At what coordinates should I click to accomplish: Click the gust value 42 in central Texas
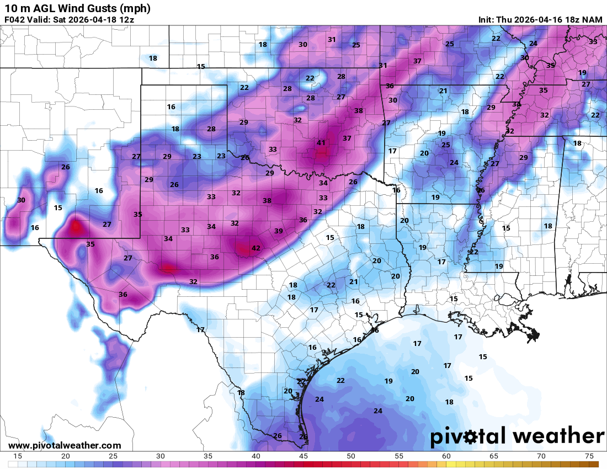(255, 248)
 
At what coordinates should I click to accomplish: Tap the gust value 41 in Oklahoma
(321, 143)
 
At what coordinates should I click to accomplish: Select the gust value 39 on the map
(279, 231)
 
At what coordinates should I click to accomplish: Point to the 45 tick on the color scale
(303, 456)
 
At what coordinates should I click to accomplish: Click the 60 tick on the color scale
(446, 456)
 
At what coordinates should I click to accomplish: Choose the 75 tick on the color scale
(589, 456)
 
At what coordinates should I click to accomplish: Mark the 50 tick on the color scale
(351, 456)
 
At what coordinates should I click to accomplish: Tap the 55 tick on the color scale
(399, 456)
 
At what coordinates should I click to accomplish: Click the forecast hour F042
(14, 20)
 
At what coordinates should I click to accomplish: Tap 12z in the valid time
(125, 20)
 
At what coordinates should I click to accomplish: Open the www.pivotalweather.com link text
(65, 445)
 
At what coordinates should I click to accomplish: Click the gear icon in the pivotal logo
(471, 437)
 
